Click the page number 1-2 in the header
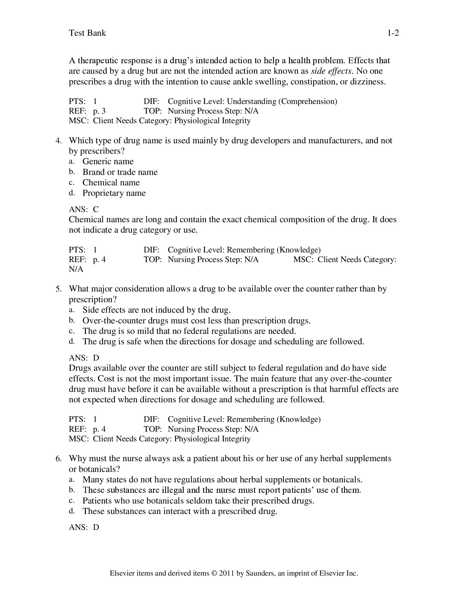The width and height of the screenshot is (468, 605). tap(393, 33)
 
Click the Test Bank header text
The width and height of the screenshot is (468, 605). tap(87, 33)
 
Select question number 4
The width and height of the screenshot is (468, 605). tap(58, 141)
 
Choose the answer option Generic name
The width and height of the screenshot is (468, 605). tap(108, 161)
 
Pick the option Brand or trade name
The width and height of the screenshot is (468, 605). tap(120, 172)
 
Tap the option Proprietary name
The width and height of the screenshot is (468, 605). tap(114, 193)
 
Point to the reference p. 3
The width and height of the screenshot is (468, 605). tap(99, 111)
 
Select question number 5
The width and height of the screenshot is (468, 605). tap(58, 289)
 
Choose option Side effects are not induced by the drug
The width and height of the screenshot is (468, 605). tap(156, 310)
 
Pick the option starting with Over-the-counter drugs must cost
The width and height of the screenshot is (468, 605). tap(196, 320)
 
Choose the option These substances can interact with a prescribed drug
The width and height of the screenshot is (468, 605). tap(180, 511)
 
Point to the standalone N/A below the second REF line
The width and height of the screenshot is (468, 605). tap(76, 269)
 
